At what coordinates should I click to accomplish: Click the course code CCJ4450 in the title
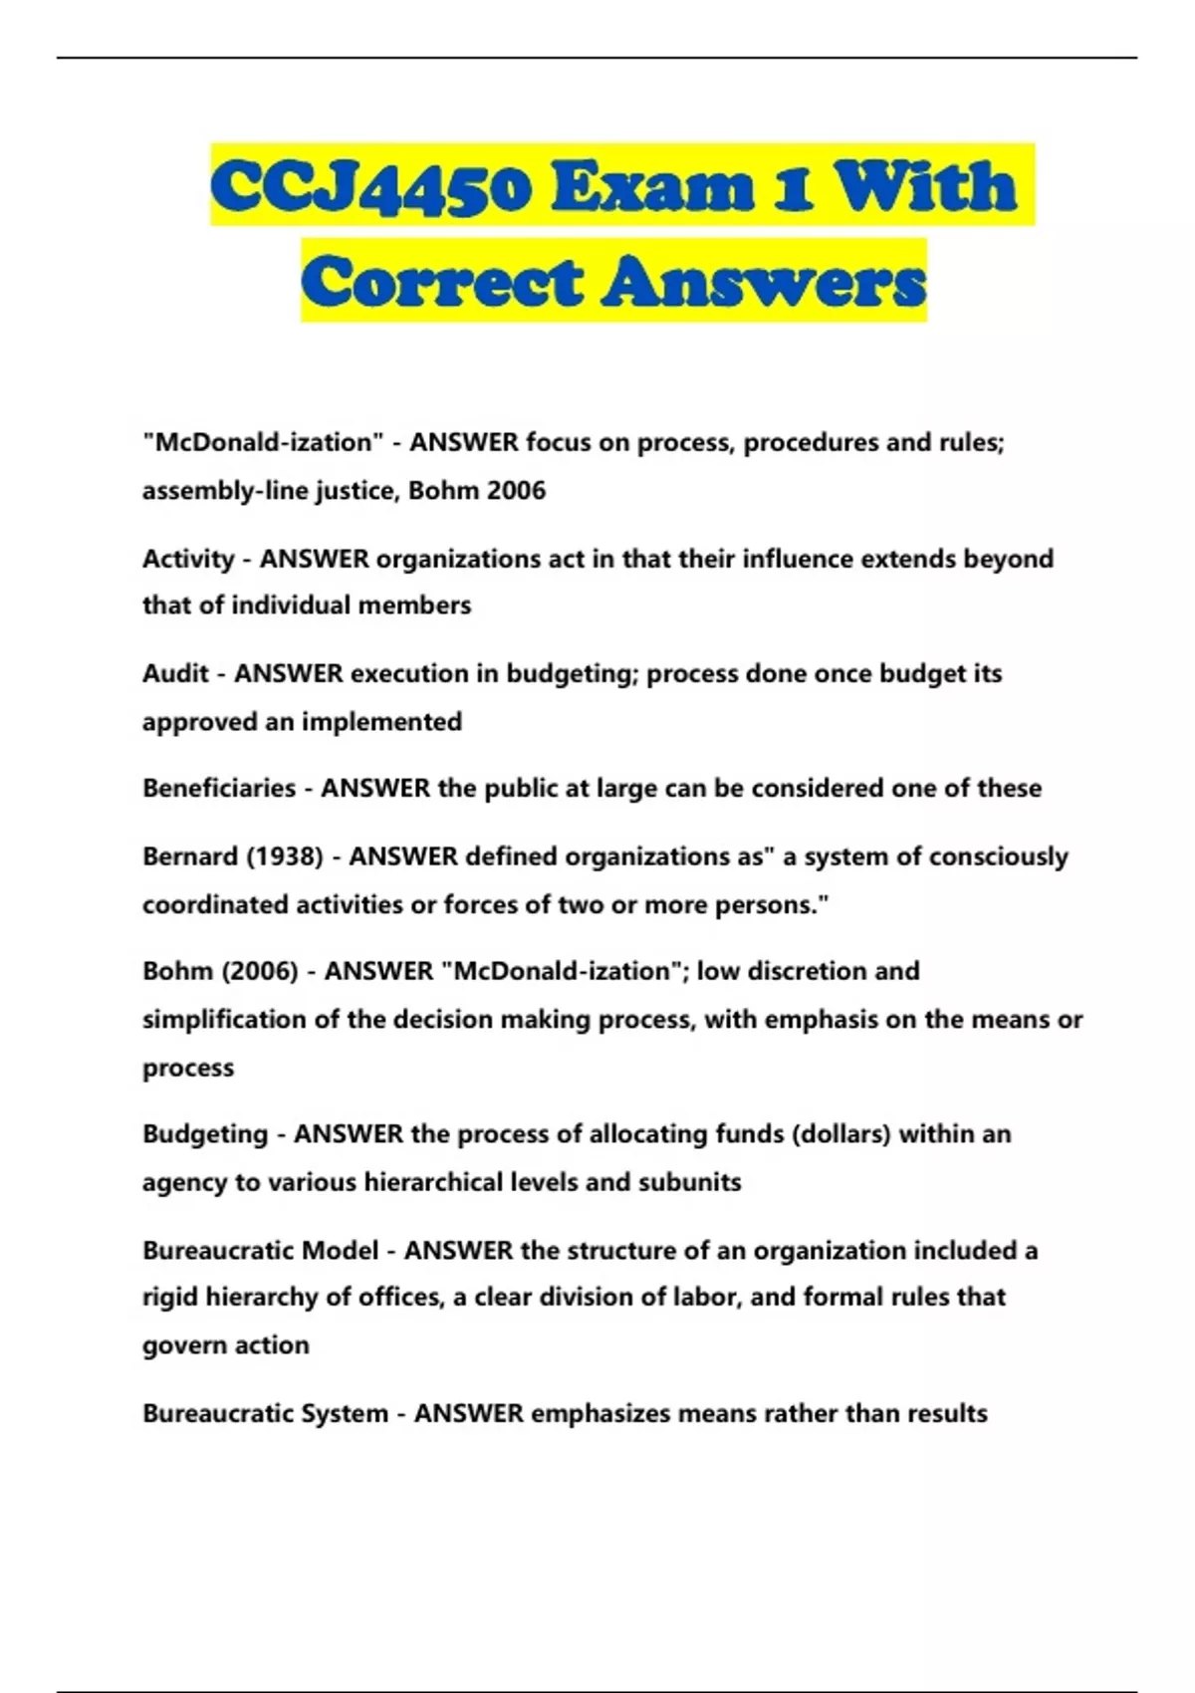370,187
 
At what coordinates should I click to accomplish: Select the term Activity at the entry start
188,559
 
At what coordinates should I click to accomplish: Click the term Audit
175,674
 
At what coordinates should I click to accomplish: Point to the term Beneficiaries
219,789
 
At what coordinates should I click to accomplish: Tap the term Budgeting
205,1134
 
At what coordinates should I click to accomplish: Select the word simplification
224,1020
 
